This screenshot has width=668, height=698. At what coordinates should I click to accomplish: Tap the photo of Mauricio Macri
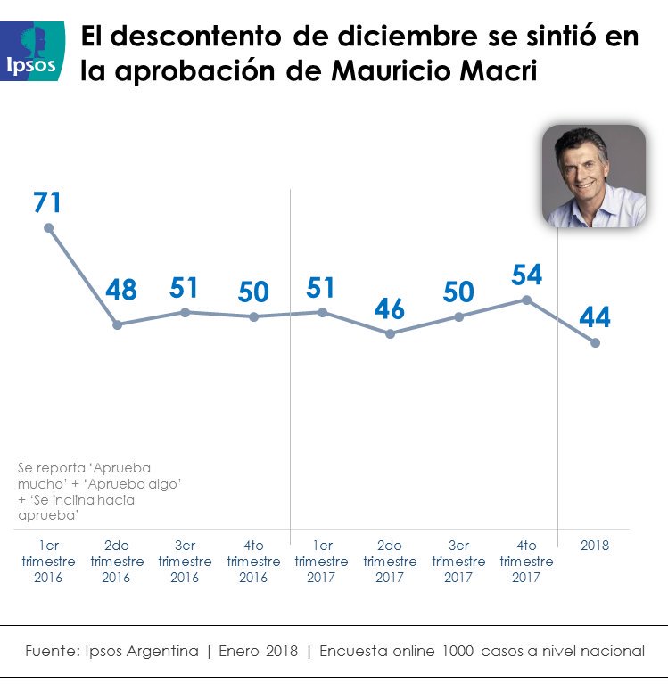pyautogui.click(x=594, y=176)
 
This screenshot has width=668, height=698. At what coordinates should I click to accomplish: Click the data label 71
pyautogui.click(x=47, y=202)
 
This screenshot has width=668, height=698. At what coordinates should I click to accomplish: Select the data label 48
pyautogui.click(x=121, y=290)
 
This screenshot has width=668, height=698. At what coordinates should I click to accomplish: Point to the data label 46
pyautogui.click(x=389, y=308)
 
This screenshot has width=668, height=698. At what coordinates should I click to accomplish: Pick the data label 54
pyautogui.click(x=527, y=275)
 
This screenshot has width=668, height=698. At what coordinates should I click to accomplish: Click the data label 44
pyautogui.click(x=594, y=317)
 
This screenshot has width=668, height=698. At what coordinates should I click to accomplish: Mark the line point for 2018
pyautogui.click(x=595, y=342)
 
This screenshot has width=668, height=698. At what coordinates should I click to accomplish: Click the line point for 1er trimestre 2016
pyautogui.click(x=48, y=227)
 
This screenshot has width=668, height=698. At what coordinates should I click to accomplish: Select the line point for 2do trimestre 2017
pyautogui.click(x=390, y=333)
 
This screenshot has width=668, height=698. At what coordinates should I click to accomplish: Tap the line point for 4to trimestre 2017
pyautogui.click(x=527, y=300)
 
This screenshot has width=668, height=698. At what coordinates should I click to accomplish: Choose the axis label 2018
pyautogui.click(x=594, y=546)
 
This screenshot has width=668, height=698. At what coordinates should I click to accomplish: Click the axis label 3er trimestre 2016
pyautogui.click(x=185, y=561)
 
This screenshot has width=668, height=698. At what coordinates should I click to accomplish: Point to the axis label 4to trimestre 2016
pyautogui.click(x=253, y=561)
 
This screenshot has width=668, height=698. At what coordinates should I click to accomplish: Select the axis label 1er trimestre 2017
pyautogui.click(x=322, y=561)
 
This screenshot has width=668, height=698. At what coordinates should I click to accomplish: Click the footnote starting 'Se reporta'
pyautogui.click(x=84, y=491)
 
